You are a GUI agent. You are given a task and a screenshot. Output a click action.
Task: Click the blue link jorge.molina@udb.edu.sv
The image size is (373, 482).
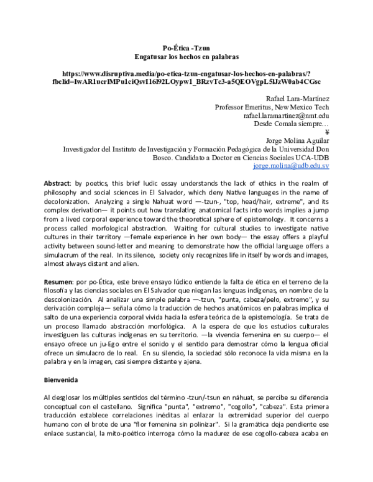coord(291,166)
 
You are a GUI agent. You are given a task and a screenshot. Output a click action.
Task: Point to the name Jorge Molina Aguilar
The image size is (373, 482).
coord(297,140)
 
